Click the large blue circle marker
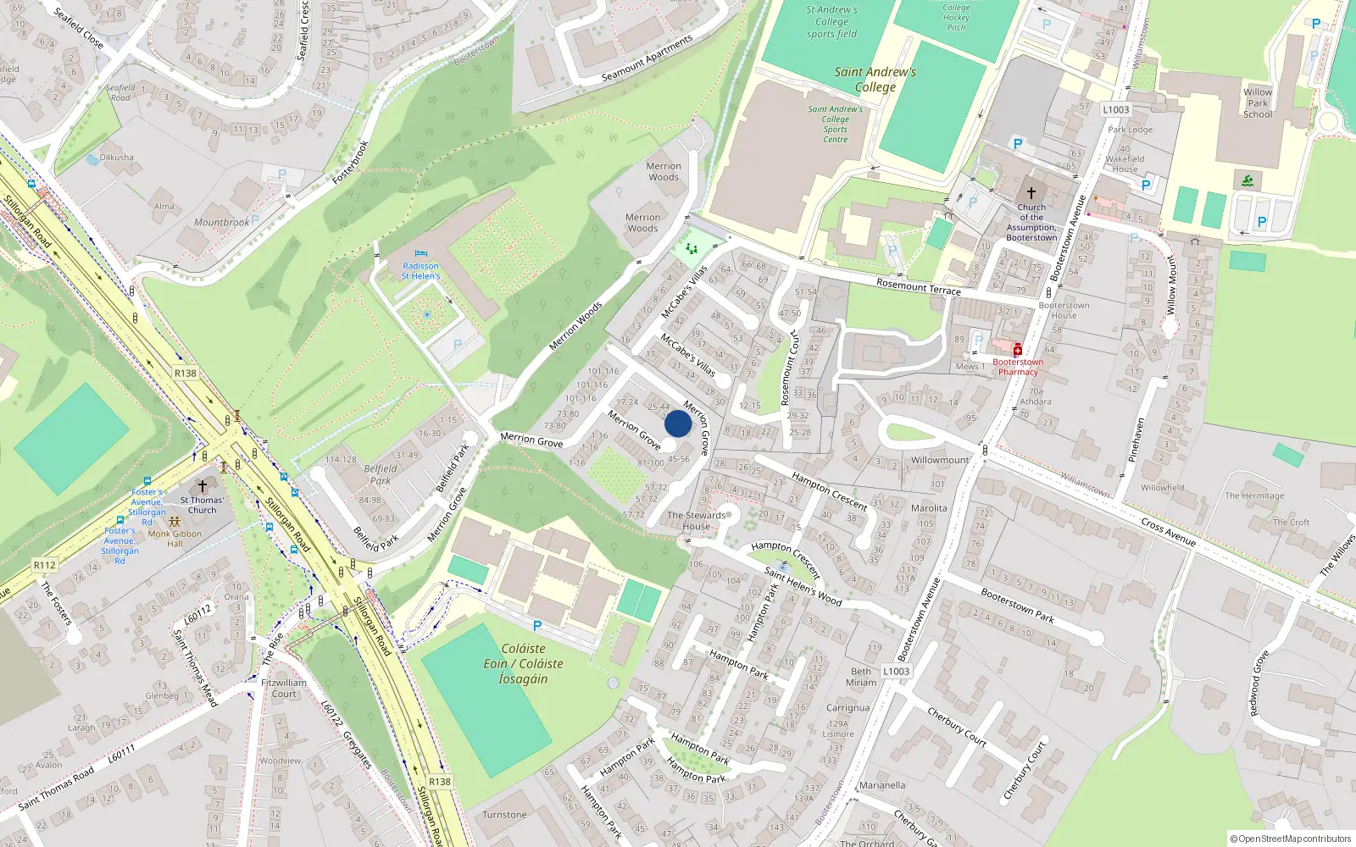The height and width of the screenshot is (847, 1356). (x=678, y=423)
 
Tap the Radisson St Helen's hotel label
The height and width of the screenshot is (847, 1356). (x=420, y=271)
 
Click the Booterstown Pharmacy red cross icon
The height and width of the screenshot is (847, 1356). (x=1018, y=350)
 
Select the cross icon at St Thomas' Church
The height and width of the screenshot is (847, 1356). (x=202, y=486)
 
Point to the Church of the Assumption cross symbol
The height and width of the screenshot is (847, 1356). (x=1031, y=192)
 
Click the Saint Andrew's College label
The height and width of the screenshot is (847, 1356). (x=875, y=80)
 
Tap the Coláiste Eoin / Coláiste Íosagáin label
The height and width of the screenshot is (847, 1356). (x=523, y=663)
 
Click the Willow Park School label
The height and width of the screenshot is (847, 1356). (x=1258, y=103)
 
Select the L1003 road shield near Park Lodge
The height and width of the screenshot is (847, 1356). (x=1115, y=109)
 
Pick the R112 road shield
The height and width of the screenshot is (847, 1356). (x=45, y=565)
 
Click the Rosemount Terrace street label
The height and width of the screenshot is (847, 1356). (x=919, y=286)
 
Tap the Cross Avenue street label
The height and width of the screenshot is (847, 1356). (x=1168, y=531)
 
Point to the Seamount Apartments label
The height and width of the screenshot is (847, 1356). (x=647, y=58)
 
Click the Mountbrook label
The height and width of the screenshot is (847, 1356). (x=222, y=222)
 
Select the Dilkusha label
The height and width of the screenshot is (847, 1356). (x=117, y=158)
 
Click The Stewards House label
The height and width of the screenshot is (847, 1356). (x=697, y=520)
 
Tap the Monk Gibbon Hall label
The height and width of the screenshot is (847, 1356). (x=175, y=539)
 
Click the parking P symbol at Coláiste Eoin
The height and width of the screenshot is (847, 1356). (x=536, y=626)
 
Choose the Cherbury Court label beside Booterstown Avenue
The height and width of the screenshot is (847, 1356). (x=956, y=727)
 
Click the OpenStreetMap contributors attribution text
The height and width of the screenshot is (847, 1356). (x=1290, y=839)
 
